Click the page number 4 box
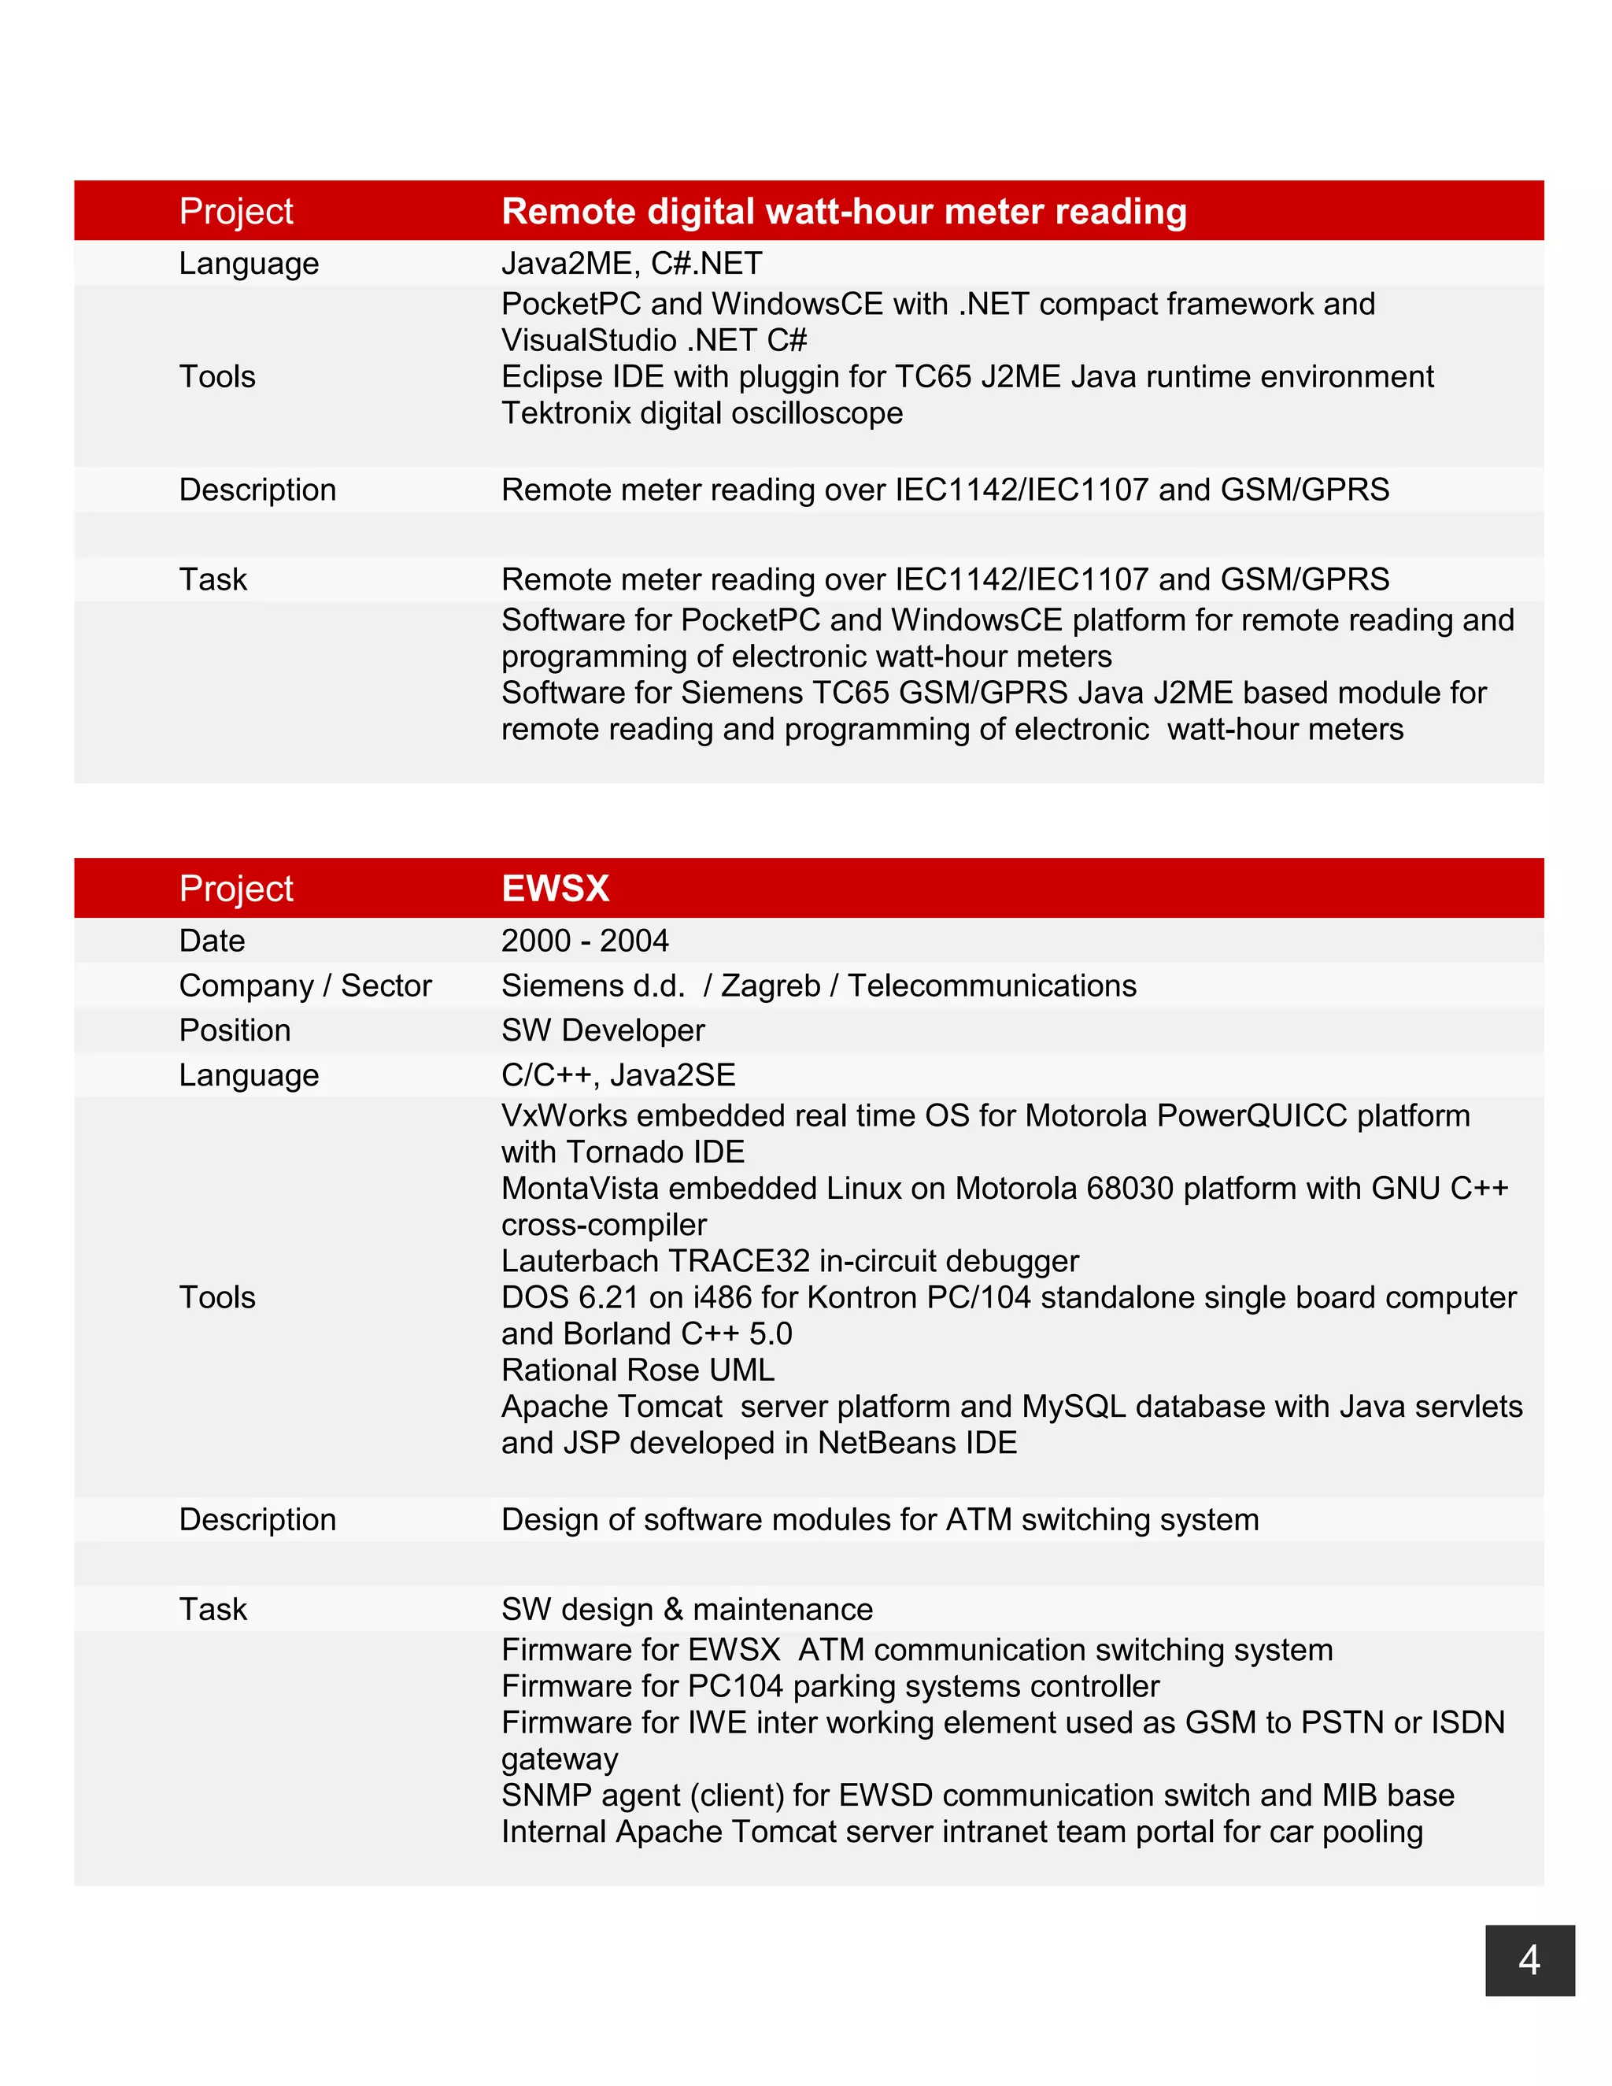pyautogui.click(x=1529, y=1960)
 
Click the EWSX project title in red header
pyautogui.click(x=555, y=888)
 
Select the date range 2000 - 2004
pyautogui.click(x=585, y=941)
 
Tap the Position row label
pyautogui.click(x=235, y=1030)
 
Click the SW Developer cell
pyautogui.click(x=603, y=1030)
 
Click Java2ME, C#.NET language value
pyautogui.click(x=631, y=264)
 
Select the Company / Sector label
pyautogui.click(x=305, y=986)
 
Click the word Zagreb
pyautogui.click(x=770, y=986)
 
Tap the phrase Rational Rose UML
pyautogui.click(x=637, y=1370)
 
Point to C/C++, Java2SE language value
pyautogui.click(x=618, y=1075)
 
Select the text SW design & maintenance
pyautogui.click(x=686, y=1610)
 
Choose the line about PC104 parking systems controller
pyautogui.click(x=830, y=1687)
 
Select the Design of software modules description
pyautogui.click(x=879, y=1519)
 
